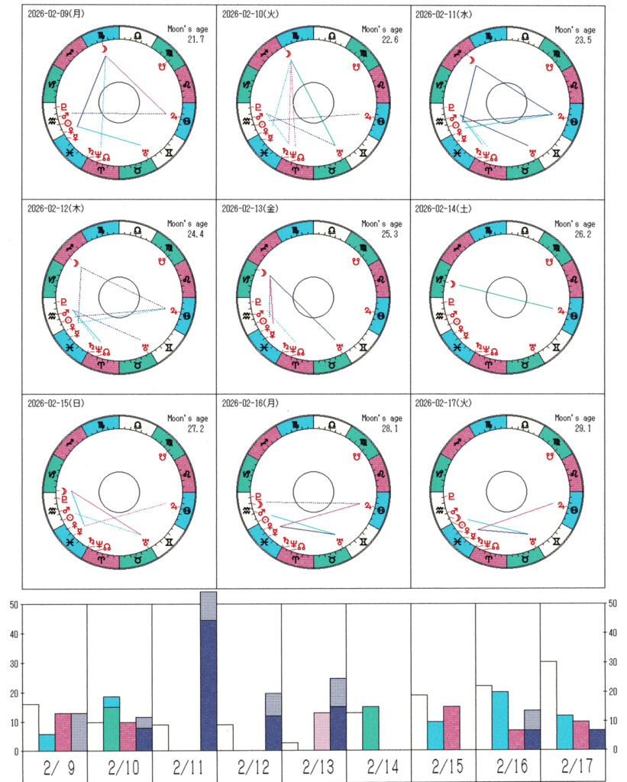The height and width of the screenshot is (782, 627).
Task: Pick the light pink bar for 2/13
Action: coord(322,731)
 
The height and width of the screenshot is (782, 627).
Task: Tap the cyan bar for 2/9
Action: coord(47,742)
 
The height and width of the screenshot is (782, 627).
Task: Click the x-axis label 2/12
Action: coord(249,766)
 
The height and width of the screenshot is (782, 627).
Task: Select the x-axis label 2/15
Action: coord(443,766)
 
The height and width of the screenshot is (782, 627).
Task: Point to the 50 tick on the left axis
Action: coord(12,605)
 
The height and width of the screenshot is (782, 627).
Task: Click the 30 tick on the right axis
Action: coord(612,662)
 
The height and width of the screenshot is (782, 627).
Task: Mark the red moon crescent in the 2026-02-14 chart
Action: coord(453,284)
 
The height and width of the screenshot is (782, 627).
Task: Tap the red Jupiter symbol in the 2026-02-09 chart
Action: coord(173,115)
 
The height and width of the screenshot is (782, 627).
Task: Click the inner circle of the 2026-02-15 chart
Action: coord(119,487)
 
